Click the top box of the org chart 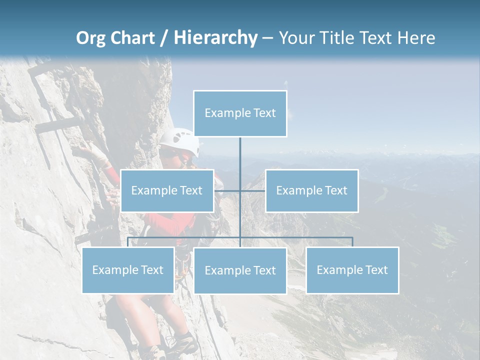[x=240, y=113]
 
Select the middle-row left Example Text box [x=167, y=190]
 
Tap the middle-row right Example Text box [x=311, y=190]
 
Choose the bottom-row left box [x=128, y=270]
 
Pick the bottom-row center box [x=240, y=270]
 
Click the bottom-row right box [x=352, y=270]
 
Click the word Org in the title [x=90, y=38]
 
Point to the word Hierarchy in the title [x=215, y=38]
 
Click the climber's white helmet [x=180, y=141]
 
